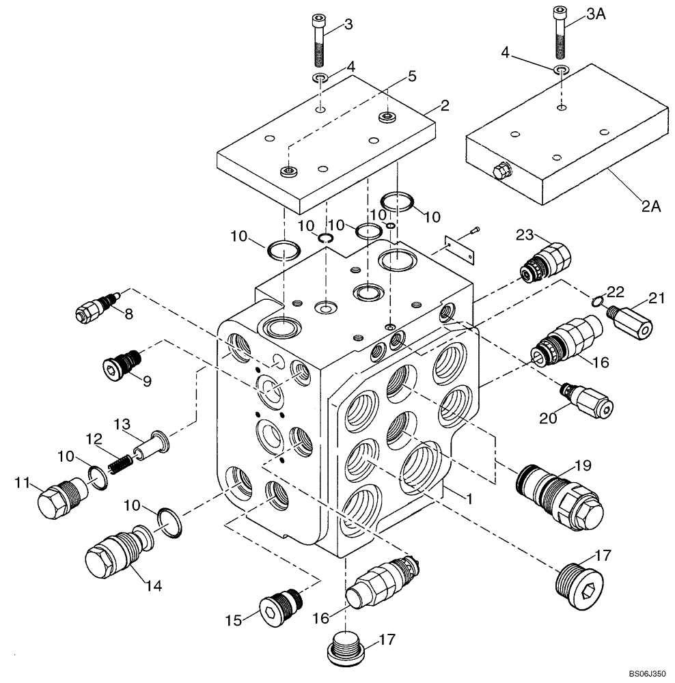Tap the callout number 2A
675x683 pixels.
tap(651, 206)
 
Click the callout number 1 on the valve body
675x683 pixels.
tap(468, 499)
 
